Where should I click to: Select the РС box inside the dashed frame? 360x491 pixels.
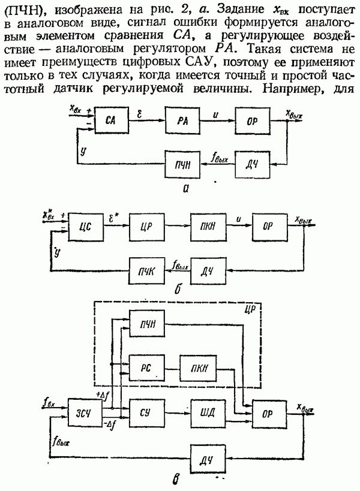pyautogui.click(x=146, y=366)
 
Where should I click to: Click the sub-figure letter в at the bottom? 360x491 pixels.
pyautogui.click(x=174, y=478)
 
